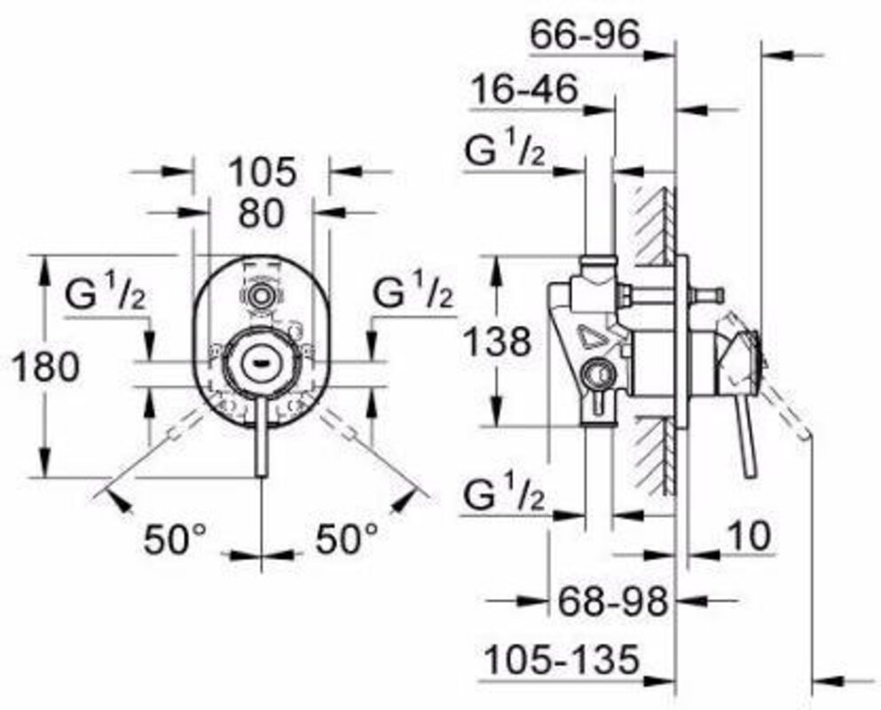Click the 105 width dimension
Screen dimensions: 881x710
pyautogui.click(x=262, y=171)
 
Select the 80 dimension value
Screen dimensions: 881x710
pyautogui.click(x=261, y=213)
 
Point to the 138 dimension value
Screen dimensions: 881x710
pyautogui.click(x=497, y=341)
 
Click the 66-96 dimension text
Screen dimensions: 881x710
pyautogui.click(x=585, y=35)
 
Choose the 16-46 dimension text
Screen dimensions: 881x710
pyautogui.click(x=524, y=90)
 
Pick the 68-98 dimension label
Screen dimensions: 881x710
pyautogui.click(x=613, y=601)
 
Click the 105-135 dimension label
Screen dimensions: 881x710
pyautogui.click(x=562, y=659)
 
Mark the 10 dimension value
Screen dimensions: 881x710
pyautogui.click(x=750, y=535)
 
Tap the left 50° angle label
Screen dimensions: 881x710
pyautogui.click(x=176, y=539)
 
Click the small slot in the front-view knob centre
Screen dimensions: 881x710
pyautogui.click(x=261, y=363)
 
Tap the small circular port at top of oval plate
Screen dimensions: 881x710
pyautogui.click(x=261, y=295)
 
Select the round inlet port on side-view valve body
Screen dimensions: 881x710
pyautogui.click(x=597, y=374)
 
